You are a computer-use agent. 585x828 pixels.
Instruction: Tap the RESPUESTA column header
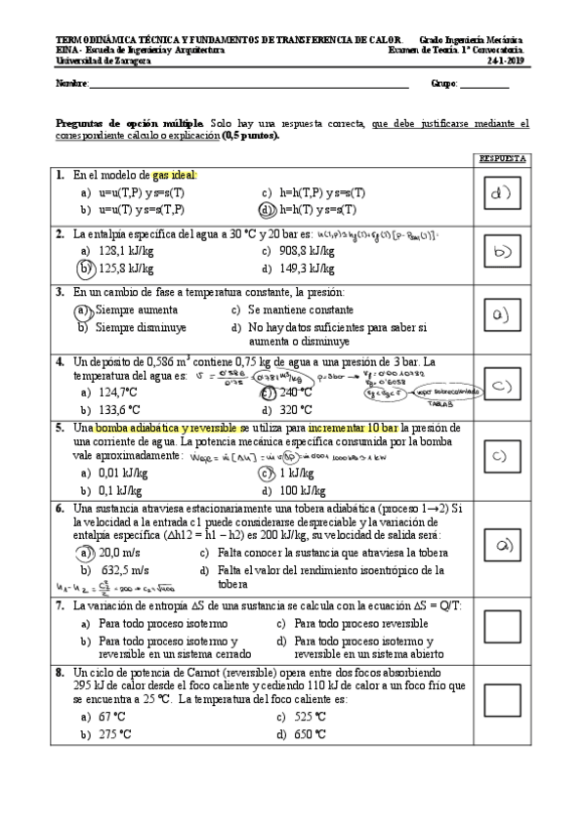click(x=502, y=158)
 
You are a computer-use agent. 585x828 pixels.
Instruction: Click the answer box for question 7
click(x=502, y=624)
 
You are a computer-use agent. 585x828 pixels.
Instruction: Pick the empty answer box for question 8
click(x=502, y=699)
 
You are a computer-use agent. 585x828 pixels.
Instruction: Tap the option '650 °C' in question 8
click(x=310, y=734)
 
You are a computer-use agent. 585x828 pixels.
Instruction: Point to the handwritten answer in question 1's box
click(x=502, y=192)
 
